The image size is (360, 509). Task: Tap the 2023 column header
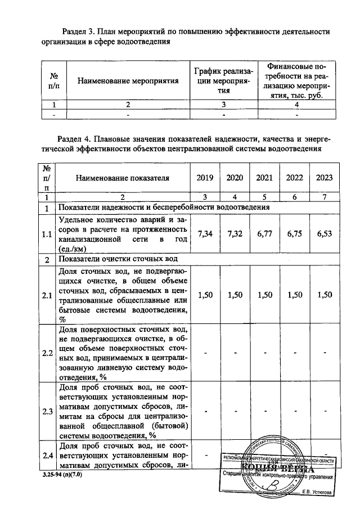point(324,178)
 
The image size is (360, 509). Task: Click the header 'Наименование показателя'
point(123,178)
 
